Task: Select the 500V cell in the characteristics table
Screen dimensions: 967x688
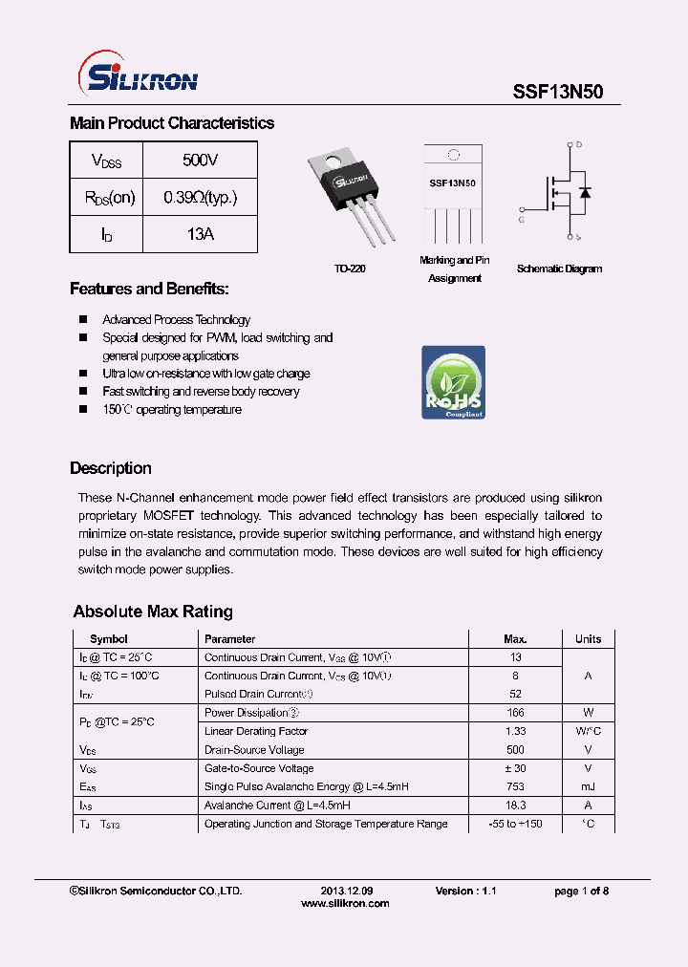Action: click(x=200, y=160)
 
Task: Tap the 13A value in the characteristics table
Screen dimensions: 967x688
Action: click(x=200, y=234)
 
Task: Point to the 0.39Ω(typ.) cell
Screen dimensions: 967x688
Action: click(x=200, y=197)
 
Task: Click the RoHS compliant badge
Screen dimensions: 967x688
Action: click(x=454, y=382)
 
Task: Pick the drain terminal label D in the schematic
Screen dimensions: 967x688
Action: click(x=578, y=145)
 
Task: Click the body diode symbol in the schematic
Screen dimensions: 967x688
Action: click(x=585, y=192)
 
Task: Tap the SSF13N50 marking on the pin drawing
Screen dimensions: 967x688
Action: click(x=453, y=183)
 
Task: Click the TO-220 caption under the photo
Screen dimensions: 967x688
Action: click(x=351, y=269)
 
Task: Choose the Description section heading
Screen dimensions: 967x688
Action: click(x=111, y=468)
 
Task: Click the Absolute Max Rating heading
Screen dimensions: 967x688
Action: click(x=153, y=612)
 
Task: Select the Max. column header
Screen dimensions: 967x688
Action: click(x=515, y=638)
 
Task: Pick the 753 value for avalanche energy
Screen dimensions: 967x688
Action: click(x=515, y=786)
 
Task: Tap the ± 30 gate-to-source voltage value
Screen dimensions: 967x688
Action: click(x=515, y=768)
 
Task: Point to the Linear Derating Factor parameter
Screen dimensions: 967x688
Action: click(x=256, y=731)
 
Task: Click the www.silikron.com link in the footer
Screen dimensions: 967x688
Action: click(x=345, y=903)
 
